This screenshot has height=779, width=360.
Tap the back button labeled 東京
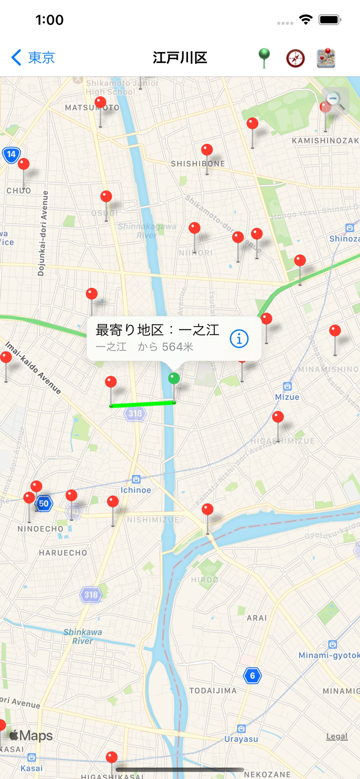pyautogui.click(x=33, y=57)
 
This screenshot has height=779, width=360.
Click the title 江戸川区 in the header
pyautogui.click(x=180, y=58)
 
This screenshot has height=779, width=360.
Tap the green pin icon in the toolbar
pyautogui.click(x=264, y=58)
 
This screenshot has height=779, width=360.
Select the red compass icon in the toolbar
pyautogui.click(x=295, y=58)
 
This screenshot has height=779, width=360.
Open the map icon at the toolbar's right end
pyautogui.click(x=326, y=58)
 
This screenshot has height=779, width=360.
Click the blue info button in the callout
pyautogui.click(x=239, y=339)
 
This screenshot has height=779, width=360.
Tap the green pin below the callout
pyautogui.click(x=174, y=379)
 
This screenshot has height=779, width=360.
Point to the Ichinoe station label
pyautogui.click(x=136, y=490)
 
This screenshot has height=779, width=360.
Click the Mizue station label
pyautogui.click(x=287, y=397)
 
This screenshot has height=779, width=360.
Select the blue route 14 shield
pyautogui.click(x=11, y=154)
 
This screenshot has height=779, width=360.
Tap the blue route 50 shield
pyautogui.click(x=44, y=503)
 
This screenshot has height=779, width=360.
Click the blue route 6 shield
pyautogui.click(x=252, y=676)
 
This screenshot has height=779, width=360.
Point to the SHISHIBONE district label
pyautogui.click(x=198, y=164)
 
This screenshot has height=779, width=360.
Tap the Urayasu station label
pyautogui.click(x=241, y=738)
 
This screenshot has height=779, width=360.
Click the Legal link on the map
pyautogui.click(x=337, y=736)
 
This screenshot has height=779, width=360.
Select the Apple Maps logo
pyautogui.click(x=31, y=735)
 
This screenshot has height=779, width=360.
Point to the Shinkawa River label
pyautogui.click(x=83, y=636)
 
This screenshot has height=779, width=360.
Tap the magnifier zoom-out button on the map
pyautogui.click(x=335, y=100)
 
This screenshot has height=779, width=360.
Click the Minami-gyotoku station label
pyautogui.click(x=329, y=655)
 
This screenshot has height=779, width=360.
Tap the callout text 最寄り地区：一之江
pyautogui.click(x=157, y=330)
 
